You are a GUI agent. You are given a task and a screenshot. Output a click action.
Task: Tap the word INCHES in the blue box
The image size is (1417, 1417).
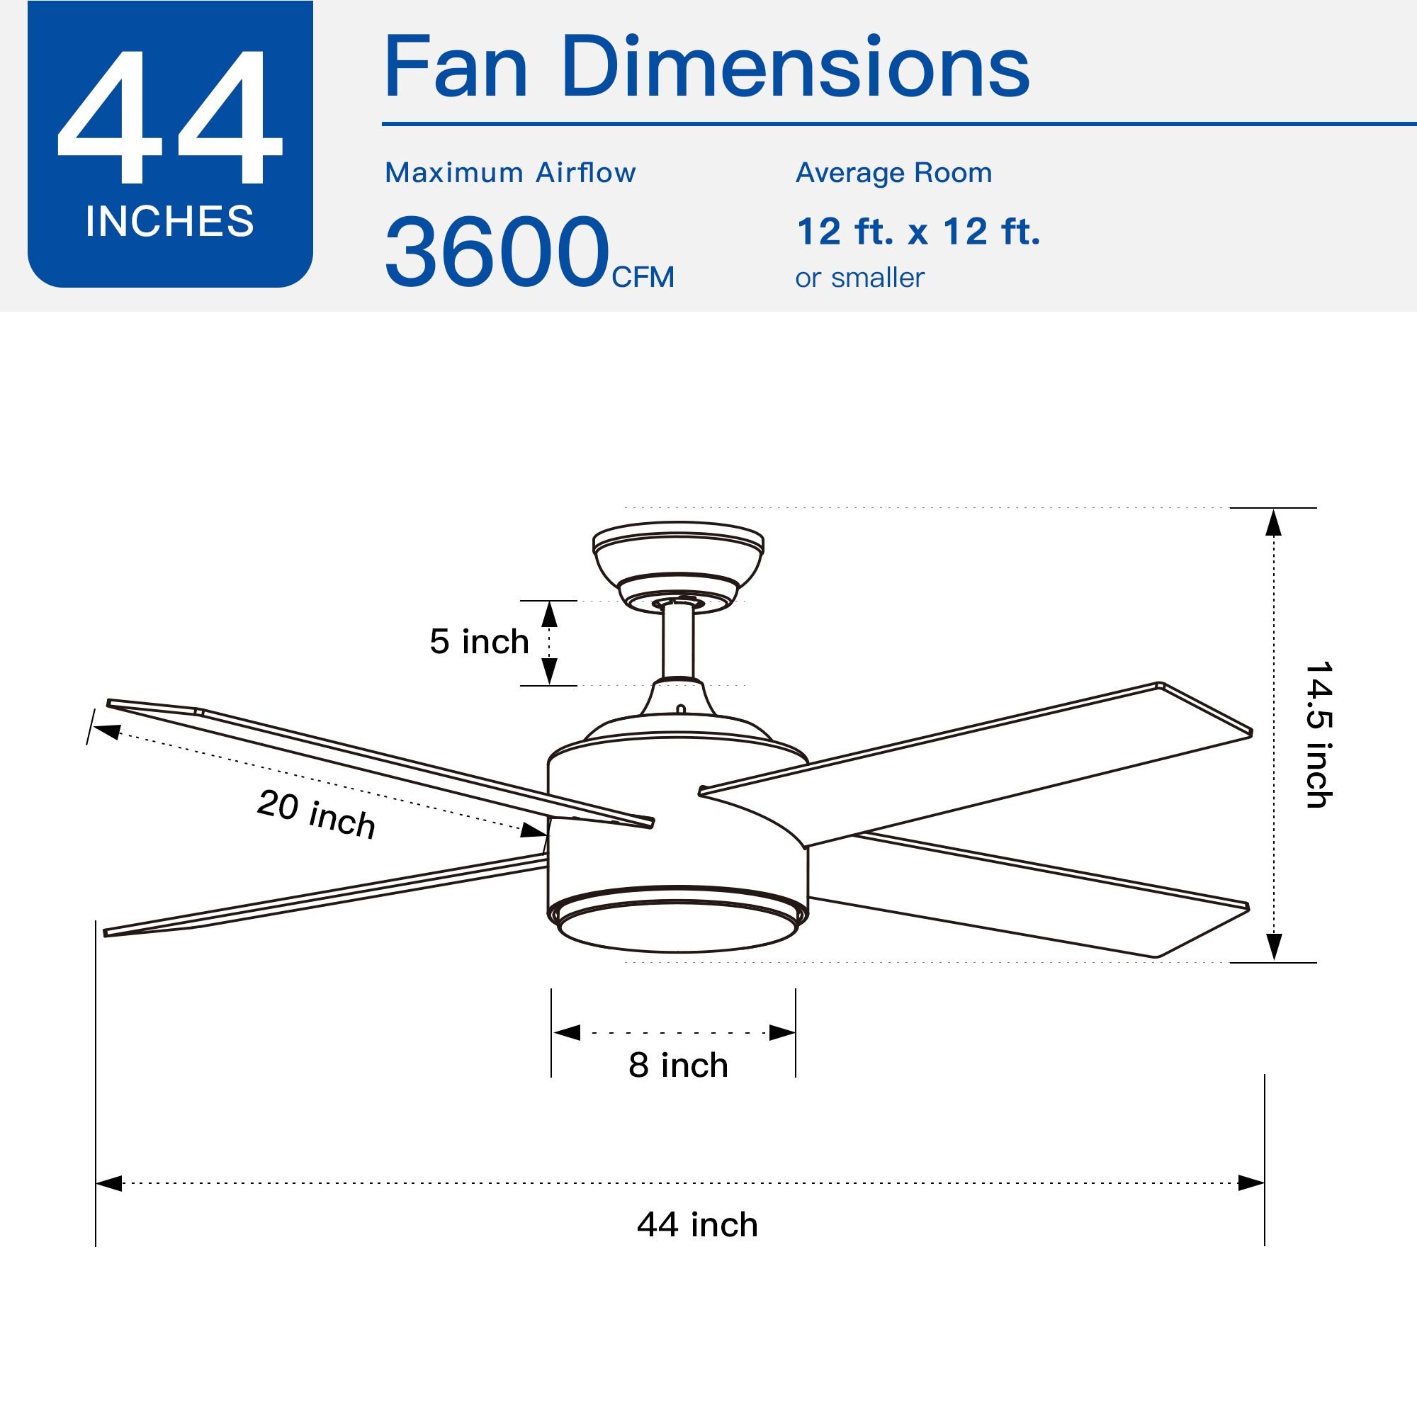tap(170, 222)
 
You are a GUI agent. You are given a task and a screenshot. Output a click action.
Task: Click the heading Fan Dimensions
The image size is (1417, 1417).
tap(706, 67)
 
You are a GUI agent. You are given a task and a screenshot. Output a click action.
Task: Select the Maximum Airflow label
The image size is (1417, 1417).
tap(510, 173)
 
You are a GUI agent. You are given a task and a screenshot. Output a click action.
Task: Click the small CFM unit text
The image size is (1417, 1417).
tap(643, 277)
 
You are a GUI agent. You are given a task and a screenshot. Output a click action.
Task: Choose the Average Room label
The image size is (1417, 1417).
tap(894, 174)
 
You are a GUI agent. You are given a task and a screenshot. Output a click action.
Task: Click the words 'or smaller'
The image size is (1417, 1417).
tap(859, 278)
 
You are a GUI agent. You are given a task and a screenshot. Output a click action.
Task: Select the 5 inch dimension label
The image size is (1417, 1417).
tap(479, 642)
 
